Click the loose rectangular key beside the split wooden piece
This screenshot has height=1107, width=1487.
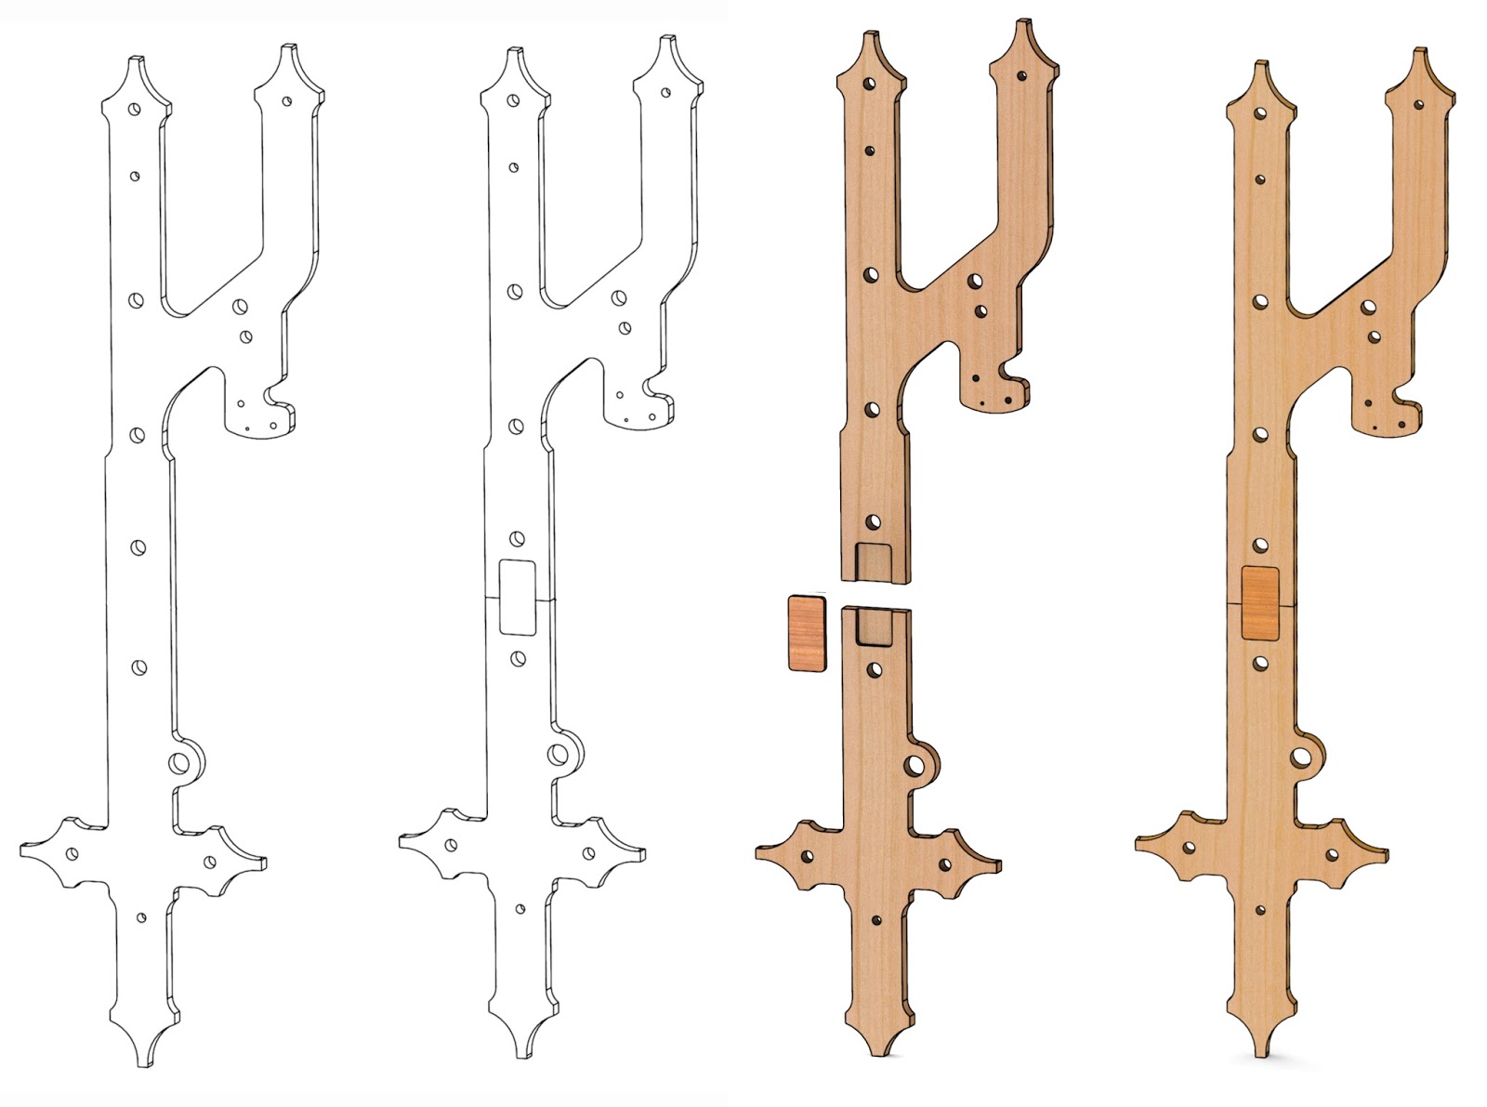tap(806, 633)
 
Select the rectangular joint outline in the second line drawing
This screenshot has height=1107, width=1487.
tap(518, 597)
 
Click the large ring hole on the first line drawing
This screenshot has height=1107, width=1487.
tap(179, 763)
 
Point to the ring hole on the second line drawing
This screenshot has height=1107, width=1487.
tap(559, 754)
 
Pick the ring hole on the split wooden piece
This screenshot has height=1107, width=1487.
tap(915, 765)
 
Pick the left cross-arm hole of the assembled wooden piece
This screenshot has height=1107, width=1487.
tap(1189, 849)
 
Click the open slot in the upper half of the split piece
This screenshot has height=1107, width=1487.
tap(874, 560)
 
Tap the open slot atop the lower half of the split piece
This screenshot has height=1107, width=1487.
tap(873, 626)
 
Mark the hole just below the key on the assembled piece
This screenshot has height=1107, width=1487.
tap(1260, 664)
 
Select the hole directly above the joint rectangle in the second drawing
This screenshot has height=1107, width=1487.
tap(518, 538)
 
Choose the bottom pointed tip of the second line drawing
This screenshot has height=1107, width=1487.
tap(521, 1052)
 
